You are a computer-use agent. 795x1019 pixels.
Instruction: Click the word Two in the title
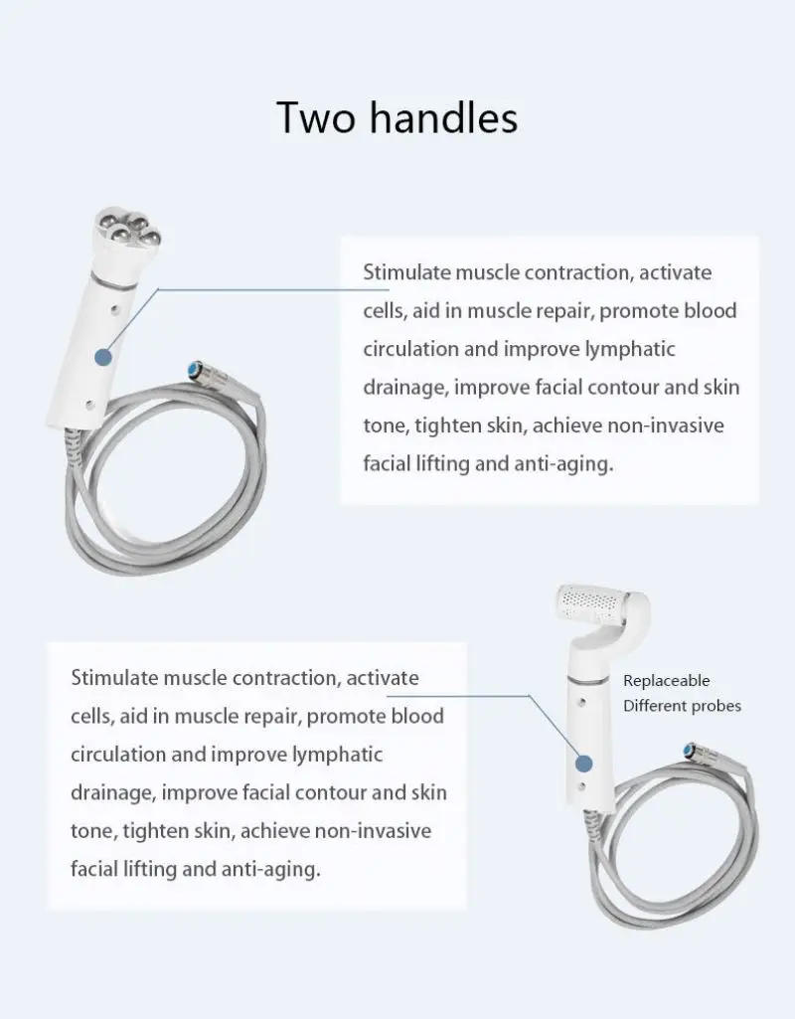point(315,116)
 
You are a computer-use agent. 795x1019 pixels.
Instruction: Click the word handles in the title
point(443,116)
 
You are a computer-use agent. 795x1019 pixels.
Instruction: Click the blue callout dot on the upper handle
point(102,358)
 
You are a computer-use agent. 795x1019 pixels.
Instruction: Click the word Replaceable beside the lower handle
point(667,681)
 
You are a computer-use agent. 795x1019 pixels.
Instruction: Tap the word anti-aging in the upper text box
point(564,462)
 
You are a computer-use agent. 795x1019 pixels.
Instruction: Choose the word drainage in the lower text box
point(111,792)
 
